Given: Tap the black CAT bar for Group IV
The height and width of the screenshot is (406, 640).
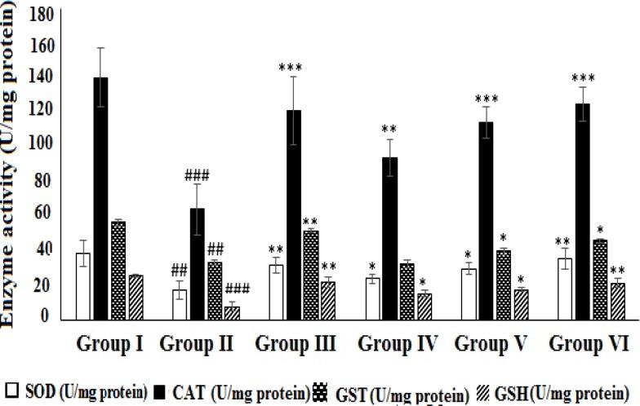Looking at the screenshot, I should pyautogui.click(x=390, y=237).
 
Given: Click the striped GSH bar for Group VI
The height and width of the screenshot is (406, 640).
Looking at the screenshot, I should pyautogui.click(x=617, y=301).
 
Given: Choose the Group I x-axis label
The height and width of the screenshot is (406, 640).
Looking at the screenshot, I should pyautogui.click(x=111, y=342).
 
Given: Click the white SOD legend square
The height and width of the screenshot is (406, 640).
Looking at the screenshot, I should pyautogui.click(x=11, y=391).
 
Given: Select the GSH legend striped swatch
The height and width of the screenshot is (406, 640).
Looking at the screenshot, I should pyautogui.click(x=491, y=391).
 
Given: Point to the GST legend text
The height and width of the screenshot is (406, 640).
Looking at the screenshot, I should pyautogui.click(x=400, y=392).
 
